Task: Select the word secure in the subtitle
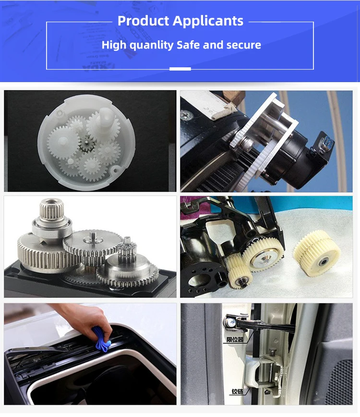point(242,45)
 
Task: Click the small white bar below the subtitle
point(180,69)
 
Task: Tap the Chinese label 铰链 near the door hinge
point(237,392)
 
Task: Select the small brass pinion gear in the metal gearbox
point(126,247)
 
